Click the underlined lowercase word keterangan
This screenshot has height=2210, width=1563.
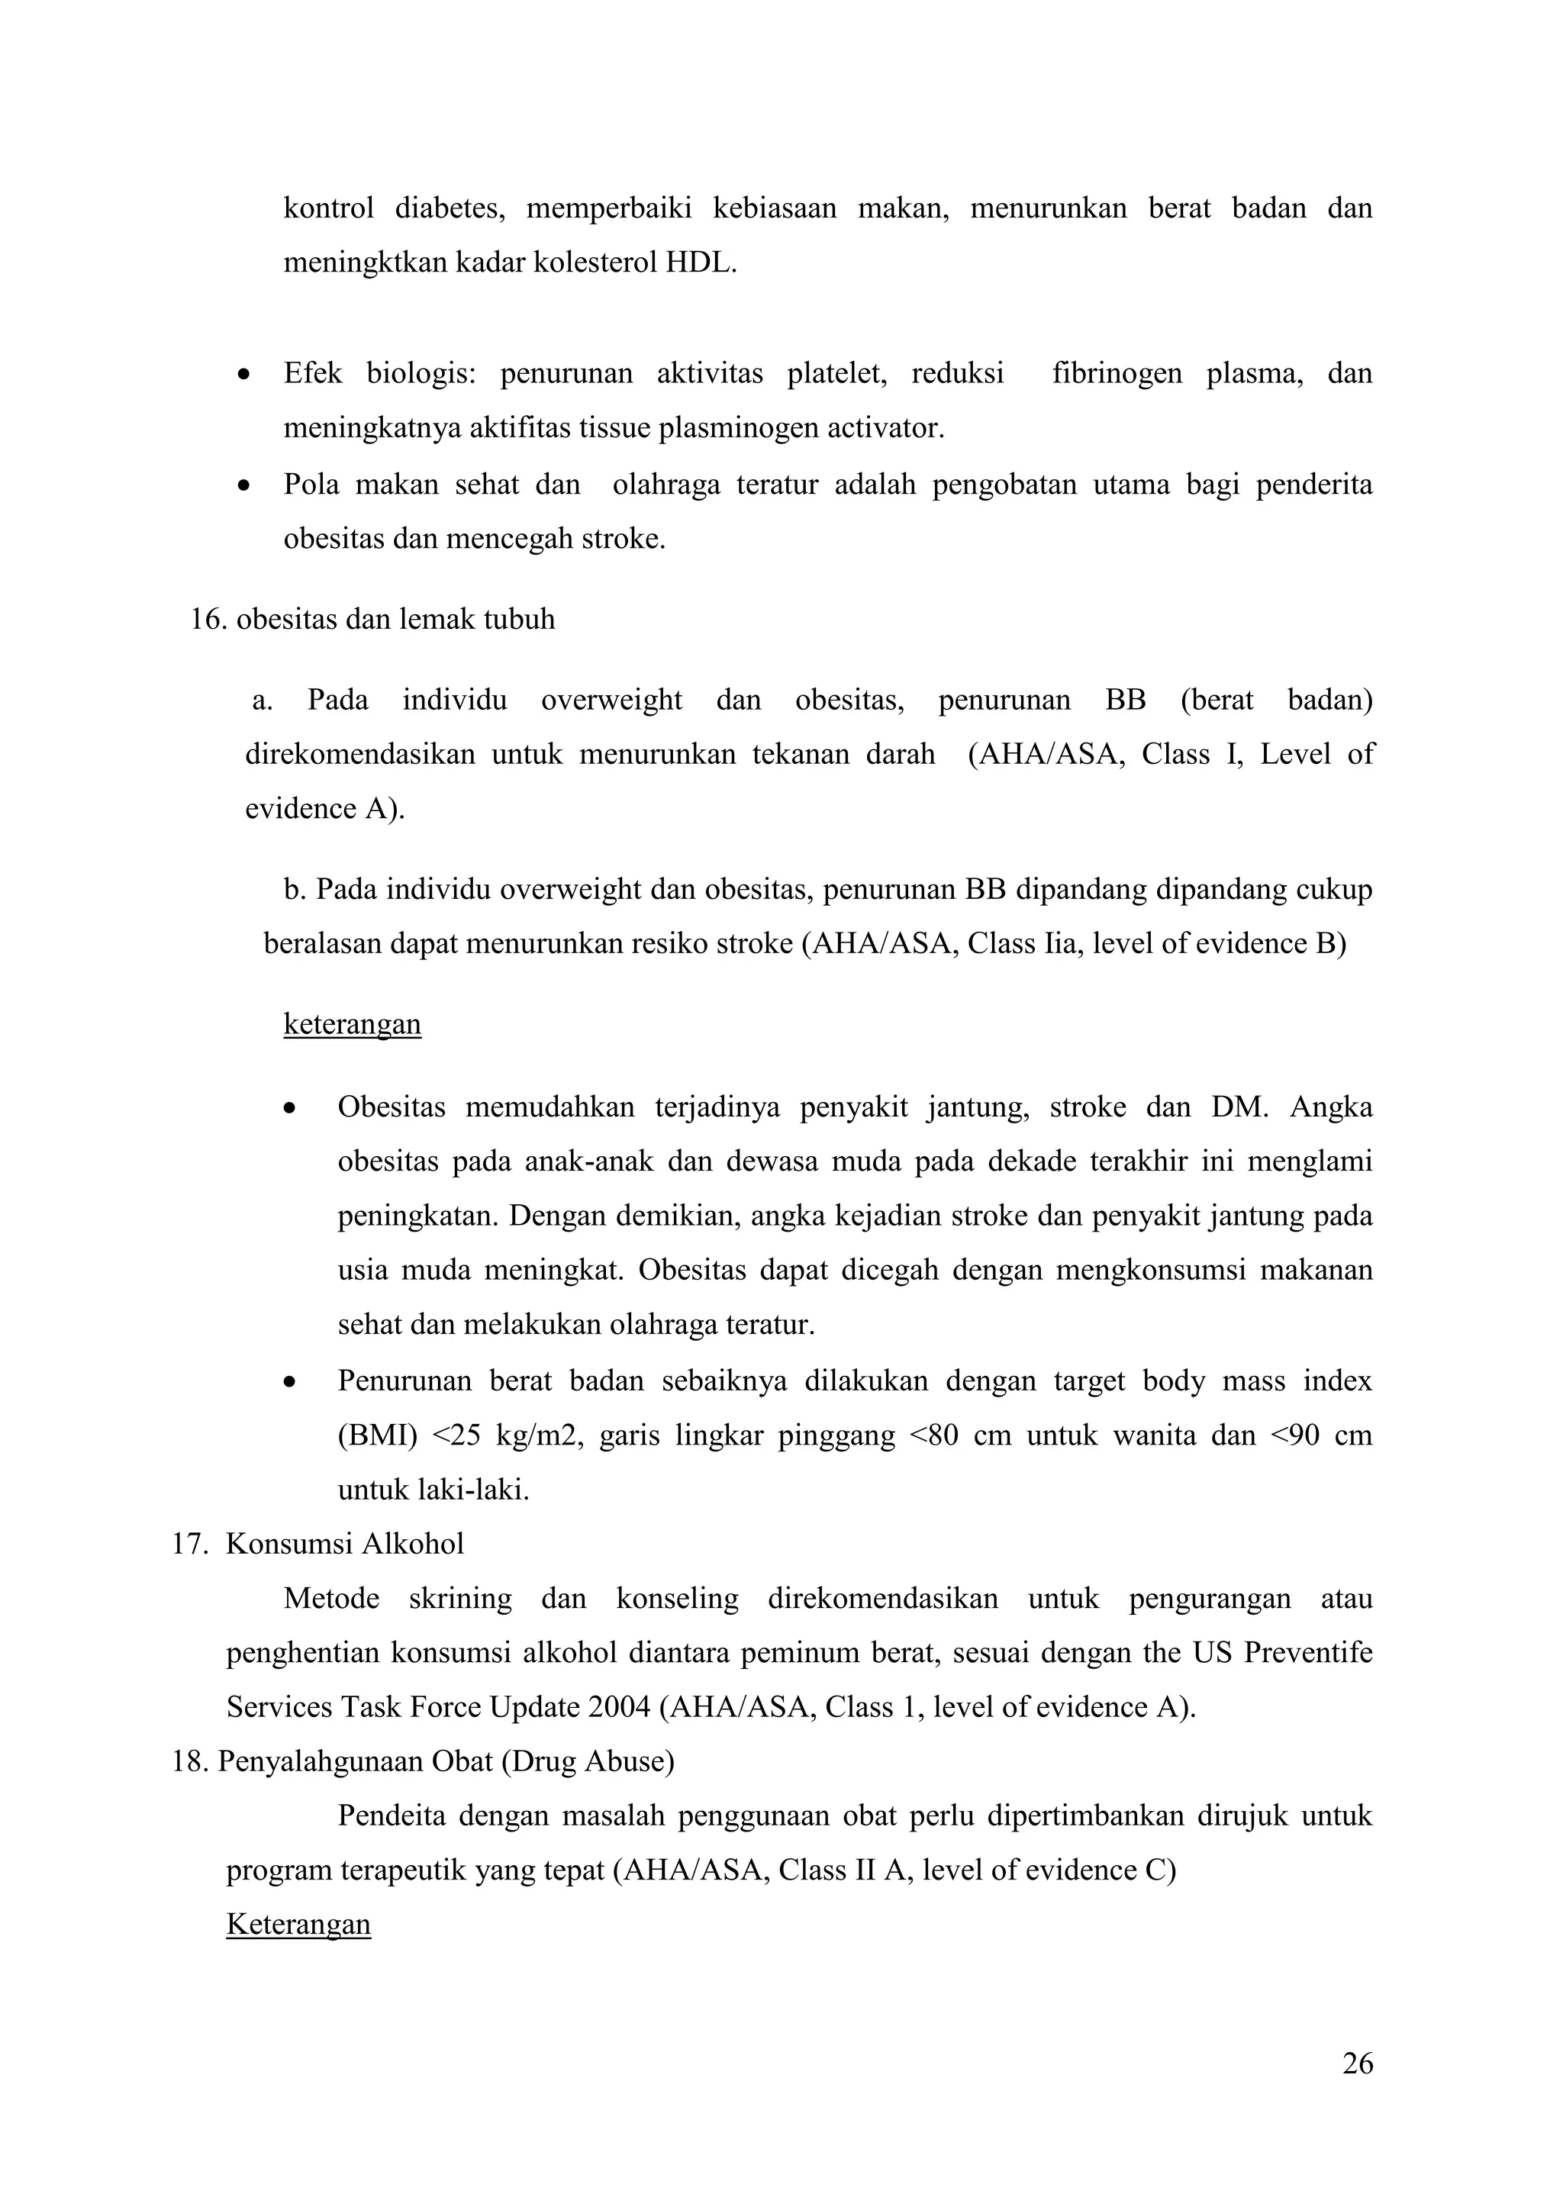tap(353, 1023)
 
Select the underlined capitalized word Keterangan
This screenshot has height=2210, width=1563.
tap(298, 1923)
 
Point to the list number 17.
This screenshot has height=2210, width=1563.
tap(189, 1544)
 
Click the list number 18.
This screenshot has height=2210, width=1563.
tap(189, 1761)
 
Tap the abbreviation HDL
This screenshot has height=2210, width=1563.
tap(701, 263)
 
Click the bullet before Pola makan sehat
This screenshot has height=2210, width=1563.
tap(246, 485)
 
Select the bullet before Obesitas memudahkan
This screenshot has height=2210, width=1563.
tap(288, 1109)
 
